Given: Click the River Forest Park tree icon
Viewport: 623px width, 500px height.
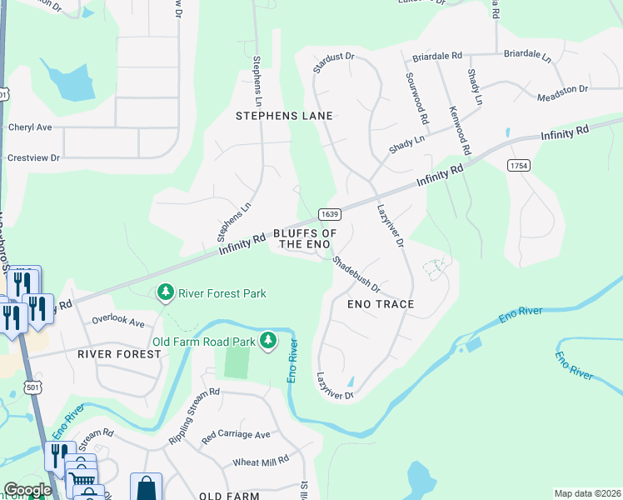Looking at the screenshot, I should point(166,292).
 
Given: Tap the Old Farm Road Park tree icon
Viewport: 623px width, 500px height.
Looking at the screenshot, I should point(267,340).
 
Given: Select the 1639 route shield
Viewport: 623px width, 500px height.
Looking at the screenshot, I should point(328,212).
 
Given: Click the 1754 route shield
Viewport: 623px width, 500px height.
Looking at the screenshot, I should point(518,166).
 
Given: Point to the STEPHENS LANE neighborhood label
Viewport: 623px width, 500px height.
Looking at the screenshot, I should point(284,116).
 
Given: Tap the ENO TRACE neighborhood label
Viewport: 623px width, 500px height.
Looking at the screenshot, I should point(380,304).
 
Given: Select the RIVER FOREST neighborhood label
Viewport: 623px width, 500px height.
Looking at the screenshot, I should point(119,354).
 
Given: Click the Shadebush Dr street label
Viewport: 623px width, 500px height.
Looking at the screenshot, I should point(356,274).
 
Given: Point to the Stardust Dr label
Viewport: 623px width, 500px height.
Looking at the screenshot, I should point(334,63).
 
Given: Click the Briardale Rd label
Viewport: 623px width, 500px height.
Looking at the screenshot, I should point(437,57).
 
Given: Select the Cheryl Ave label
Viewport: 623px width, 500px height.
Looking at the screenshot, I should point(30,127).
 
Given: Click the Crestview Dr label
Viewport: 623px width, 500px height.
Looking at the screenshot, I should point(33,157).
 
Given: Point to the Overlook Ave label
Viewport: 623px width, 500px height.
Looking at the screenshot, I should point(118,321).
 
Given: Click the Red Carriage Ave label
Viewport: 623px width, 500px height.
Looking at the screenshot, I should point(236,435).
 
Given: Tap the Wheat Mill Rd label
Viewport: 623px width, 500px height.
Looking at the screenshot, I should point(261,460).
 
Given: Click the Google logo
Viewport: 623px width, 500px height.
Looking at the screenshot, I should point(27,490).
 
